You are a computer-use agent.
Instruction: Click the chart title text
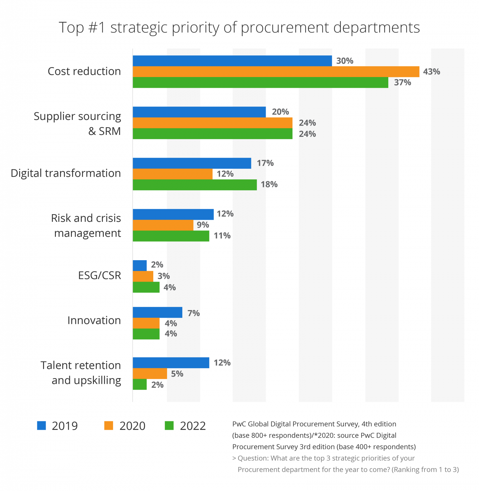pyautogui.click(x=239, y=28)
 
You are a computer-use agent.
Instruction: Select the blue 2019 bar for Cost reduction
pyautogui.click(x=232, y=61)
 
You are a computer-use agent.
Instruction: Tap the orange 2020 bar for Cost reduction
pyautogui.click(x=276, y=72)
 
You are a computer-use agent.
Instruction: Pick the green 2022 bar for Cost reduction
pyautogui.click(x=260, y=83)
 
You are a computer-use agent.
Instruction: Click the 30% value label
pyautogui.click(x=345, y=61)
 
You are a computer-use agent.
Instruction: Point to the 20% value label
pyautogui.click(x=280, y=112)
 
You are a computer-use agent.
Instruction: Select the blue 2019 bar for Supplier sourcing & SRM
pyautogui.click(x=199, y=112)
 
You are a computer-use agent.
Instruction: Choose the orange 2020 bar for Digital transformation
pyautogui.click(x=172, y=174)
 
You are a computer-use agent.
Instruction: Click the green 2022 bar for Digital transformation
pyautogui.click(x=195, y=185)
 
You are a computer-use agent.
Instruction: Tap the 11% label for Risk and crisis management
pyautogui.click(x=222, y=236)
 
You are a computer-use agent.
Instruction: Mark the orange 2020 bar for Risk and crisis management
pyautogui.click(x=163, y=225)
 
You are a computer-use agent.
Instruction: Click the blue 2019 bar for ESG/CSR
pyautogui.click(x=140, y=265)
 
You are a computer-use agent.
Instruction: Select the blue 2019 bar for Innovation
pyautogui.click(x=157, y=313)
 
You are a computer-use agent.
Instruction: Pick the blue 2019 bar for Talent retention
pyautogui.click(x=171, y=363)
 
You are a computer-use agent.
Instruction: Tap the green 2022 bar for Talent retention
pyautogui.click(x=140, y=385)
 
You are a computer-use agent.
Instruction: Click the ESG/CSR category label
pyautogui.click(x=100, y=276)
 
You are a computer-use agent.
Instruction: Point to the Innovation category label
pyautogui.click(x=94, y=320)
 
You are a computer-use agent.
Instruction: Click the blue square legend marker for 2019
pyautogui.click(x=42, y=426)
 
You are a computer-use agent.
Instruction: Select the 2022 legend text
pyautogui.click(x=193, y=426)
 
